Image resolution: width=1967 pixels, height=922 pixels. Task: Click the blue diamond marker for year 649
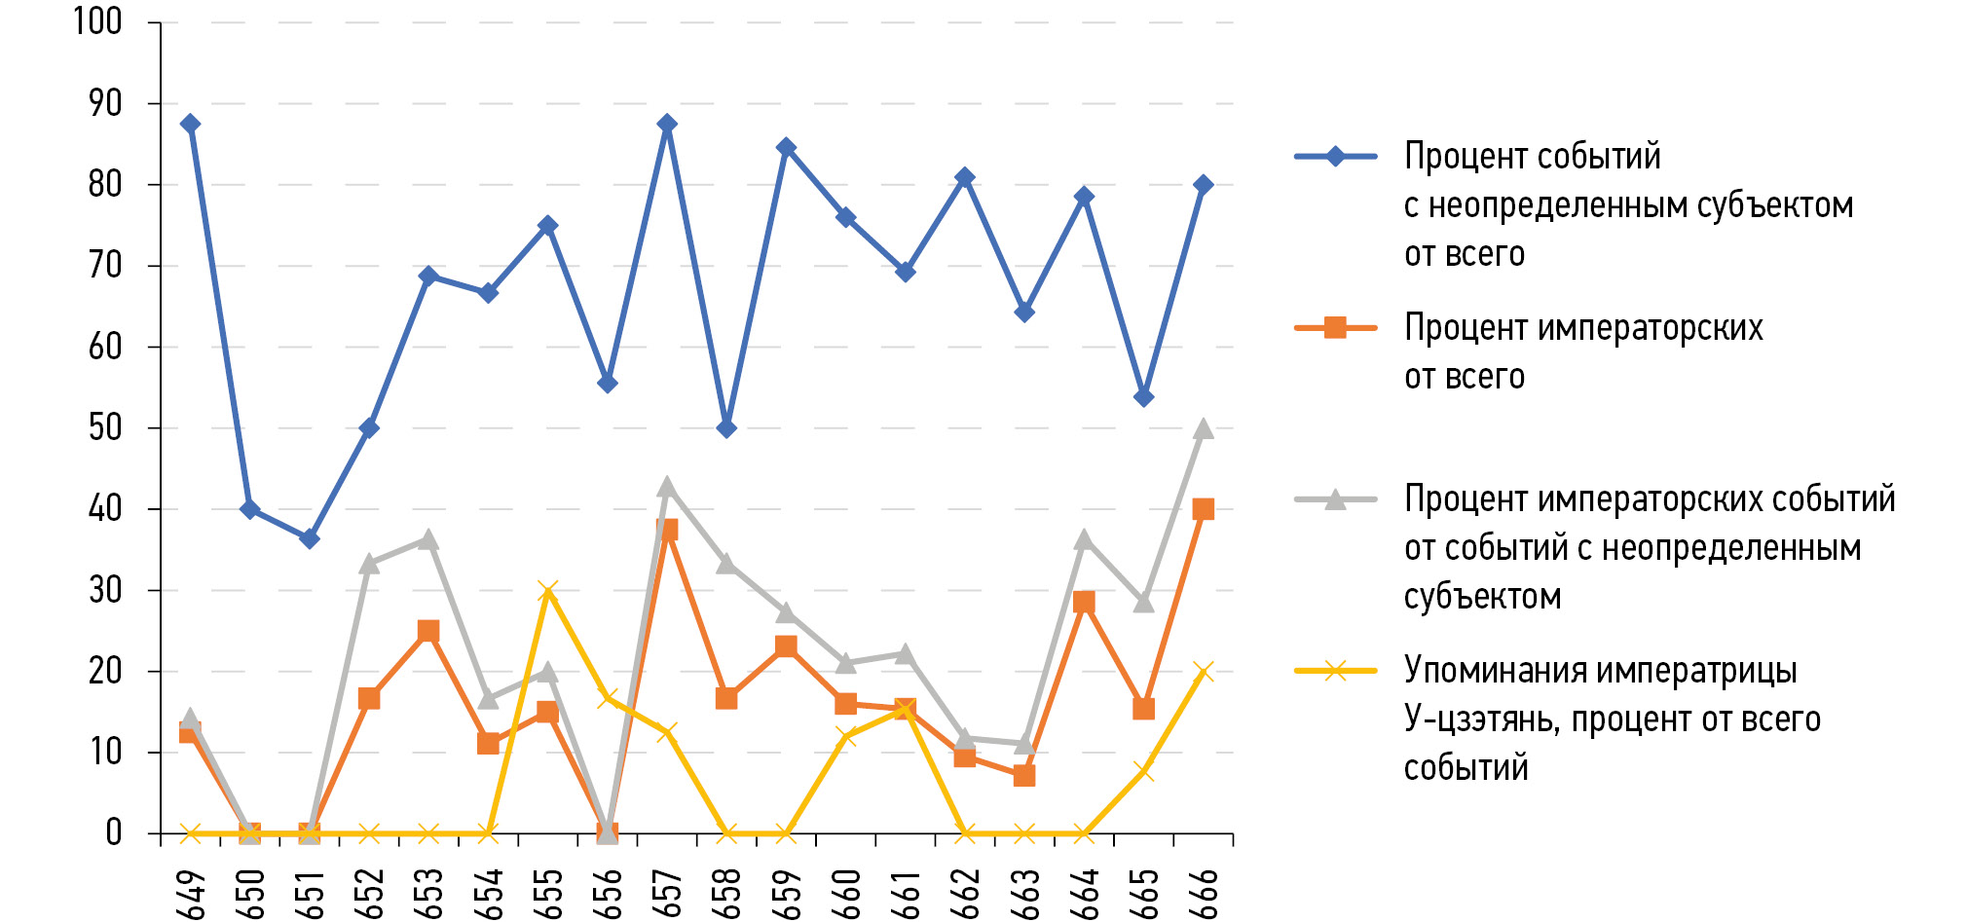tap(190, 124)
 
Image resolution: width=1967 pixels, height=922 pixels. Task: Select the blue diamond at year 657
tap(667, 124)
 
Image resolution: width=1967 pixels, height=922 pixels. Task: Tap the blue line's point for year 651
tap(310, 538)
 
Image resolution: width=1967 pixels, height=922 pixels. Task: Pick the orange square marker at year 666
tap(1204, 509)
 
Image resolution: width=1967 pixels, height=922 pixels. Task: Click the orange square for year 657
tap(667, 530)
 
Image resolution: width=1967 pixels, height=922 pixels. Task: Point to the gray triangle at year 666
tap(1204, 428)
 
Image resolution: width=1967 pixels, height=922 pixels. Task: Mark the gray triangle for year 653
tap(428, 539)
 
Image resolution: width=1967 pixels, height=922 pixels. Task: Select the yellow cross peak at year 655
tap(547, 590)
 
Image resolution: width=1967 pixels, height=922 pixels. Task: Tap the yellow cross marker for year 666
tap(1204, 672)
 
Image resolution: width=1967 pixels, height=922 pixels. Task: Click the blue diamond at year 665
tap(1144, 397)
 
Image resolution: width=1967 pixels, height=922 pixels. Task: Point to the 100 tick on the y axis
tap(97, 21)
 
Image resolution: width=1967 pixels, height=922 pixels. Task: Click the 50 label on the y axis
tap(105, 427)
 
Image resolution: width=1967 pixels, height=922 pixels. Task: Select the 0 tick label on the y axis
tap(114, 832)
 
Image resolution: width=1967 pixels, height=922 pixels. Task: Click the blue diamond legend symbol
tap(1335, 156)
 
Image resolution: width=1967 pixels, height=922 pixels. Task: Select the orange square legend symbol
tap(1335, 328)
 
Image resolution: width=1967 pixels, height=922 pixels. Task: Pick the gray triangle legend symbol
tap(1335, 499)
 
